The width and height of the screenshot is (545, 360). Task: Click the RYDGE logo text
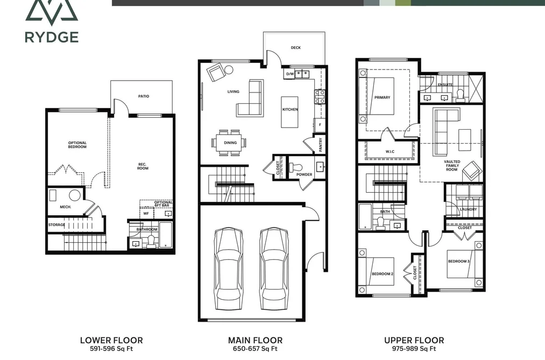[52, 37]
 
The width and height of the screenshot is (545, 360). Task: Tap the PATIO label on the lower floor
[144, 96]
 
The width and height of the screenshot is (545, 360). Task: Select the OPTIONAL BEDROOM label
[77, 145]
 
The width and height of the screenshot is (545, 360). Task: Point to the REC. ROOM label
[143, 166]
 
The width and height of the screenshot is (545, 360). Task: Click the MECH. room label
[65, 207]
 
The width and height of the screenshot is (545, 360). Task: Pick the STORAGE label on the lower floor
[56, 225]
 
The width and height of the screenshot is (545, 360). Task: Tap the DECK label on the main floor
[296, 47]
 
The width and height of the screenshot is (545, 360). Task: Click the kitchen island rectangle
[289, 112]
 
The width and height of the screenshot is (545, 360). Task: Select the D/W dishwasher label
[290, 74]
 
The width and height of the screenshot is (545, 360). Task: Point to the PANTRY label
[321, 144]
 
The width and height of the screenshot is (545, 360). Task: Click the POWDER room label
[304, 174]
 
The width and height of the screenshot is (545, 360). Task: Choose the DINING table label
[230, 143]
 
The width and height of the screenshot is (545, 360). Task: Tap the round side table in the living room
[229, 70]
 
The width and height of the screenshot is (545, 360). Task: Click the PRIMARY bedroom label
[383, 97]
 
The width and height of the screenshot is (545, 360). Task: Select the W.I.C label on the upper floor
[390, 152]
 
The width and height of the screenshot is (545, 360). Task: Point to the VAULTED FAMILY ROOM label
[452, 166]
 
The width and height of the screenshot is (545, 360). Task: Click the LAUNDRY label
[468, 209]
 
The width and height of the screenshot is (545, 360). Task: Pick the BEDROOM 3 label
[459, 262]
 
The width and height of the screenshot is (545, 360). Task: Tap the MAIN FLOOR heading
[255, 340]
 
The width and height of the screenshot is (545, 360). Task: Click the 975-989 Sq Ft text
[414, 349]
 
